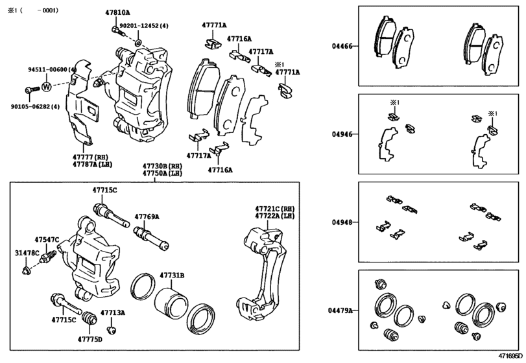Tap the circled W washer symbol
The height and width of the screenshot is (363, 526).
coord(47,86)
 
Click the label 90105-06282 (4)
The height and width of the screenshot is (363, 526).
coord(34,106)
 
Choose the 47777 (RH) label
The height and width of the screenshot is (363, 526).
coord(90,157)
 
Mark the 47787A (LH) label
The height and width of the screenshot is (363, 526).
coord(90,165)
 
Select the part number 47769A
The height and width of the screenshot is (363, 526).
coord(147,217)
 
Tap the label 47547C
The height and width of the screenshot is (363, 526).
coord(47,240)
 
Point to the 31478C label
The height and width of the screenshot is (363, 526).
coord(27,252)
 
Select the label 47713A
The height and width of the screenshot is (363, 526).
coord(113,312)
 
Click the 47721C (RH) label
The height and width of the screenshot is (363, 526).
coord(274,208)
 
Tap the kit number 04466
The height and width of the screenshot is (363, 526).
coord(342,46)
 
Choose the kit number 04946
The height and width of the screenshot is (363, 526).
coord(342,134)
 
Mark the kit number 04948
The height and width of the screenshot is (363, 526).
coord(342,222)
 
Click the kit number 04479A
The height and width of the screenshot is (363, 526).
coord(340,311)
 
